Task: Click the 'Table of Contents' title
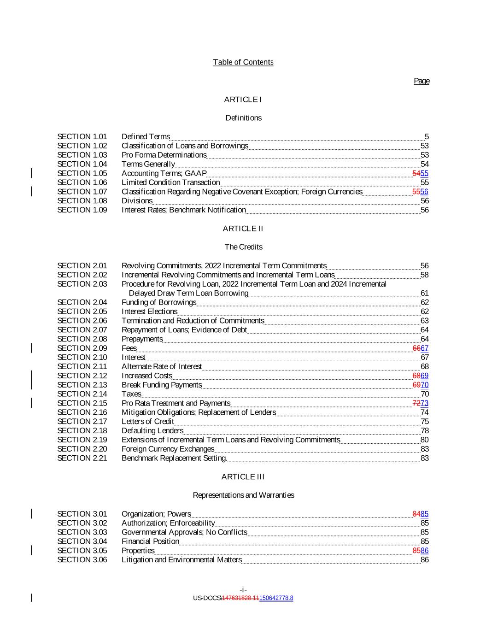(243, 62)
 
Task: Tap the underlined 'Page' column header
(422, 81)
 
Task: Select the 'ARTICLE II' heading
(243, 229)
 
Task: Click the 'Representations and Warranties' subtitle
(243, 495)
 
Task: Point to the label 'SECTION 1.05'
(82, 173)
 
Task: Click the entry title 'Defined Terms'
(146, 136)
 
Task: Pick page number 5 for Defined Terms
(427, 136)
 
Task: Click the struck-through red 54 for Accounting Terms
(416, 173)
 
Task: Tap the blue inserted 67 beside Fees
(425, 348)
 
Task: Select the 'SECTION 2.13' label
(82, 385)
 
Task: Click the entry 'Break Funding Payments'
(162, 385)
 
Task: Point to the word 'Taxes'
(131, 394)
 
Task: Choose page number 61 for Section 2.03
(425, 293)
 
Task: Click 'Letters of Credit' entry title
(148, 422)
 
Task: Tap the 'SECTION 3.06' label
(82, 560)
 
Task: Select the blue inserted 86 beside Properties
(425, 551)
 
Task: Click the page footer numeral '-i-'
(243, 590)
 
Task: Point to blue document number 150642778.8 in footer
(276, 598)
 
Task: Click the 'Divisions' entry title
(137, 201)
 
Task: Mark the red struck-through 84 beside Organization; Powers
(416, 514)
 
